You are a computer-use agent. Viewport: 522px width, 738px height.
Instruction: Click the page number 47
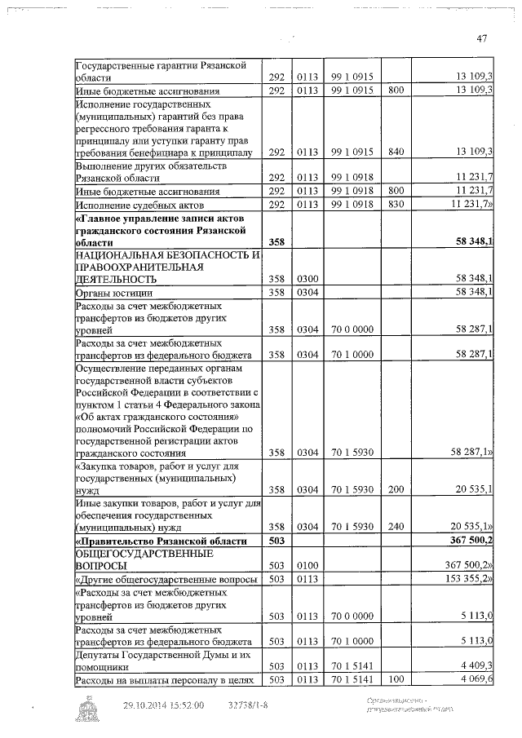481,38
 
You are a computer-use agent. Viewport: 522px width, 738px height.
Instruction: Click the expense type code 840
396,152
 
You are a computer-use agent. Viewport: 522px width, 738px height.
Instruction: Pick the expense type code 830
396,204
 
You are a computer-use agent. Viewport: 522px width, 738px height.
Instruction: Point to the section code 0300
307,279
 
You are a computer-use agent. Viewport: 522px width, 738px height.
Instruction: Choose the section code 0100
307,566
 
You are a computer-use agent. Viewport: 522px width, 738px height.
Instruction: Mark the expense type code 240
396,527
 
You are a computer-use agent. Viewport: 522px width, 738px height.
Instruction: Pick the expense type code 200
396,489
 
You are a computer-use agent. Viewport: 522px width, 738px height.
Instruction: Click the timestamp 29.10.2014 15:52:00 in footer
163,706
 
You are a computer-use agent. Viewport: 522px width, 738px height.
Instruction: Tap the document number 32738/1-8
247,706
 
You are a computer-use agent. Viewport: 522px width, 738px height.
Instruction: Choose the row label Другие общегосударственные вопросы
167,580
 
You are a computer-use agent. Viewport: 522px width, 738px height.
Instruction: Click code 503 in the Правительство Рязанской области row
276,541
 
